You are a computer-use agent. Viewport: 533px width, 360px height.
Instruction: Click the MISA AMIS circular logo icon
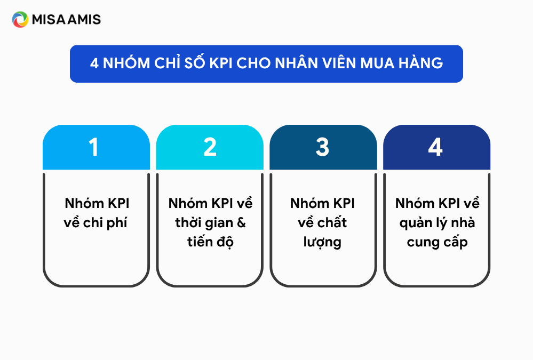(20, 19)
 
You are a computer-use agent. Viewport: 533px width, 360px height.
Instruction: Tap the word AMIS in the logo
(84, 20)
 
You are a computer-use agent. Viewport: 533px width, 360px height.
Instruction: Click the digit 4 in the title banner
(94, 63)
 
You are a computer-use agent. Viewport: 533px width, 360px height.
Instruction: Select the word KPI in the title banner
(221, 63)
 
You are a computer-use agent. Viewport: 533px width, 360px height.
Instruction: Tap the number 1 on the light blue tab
(94, 147)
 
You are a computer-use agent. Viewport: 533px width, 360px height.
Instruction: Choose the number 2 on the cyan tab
(210, 147)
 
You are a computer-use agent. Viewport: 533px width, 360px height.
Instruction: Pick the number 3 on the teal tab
(322, 147)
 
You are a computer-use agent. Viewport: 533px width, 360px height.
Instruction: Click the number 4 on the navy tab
(435, 147)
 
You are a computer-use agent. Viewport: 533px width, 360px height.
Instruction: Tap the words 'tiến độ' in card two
(210, 242)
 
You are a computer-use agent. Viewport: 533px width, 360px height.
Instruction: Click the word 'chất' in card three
(332, 222)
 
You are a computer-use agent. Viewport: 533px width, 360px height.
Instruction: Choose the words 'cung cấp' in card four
(437, 242)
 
